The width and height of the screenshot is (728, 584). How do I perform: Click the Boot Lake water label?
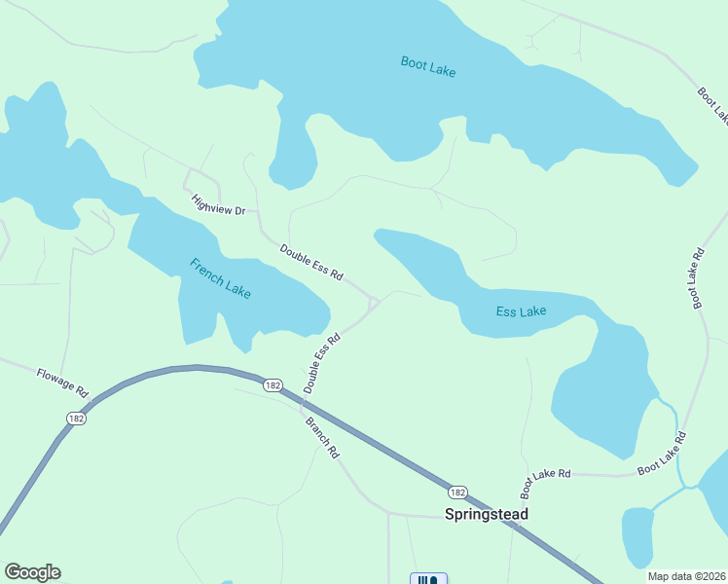pyautogui.click(x=428, y=66)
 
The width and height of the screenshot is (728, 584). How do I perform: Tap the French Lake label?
pyautogui.click(x=220, y=278)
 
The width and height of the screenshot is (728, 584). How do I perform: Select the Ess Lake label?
pyautogui.click(x=521, y=311)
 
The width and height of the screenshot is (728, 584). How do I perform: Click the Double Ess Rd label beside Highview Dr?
pyautogui.click(x=311, y=262)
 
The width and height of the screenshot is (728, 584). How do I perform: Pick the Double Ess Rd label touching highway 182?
pyautogui.click(x=321, y=364)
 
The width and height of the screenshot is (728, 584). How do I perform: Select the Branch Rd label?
pyautogui.click(x=322, y=438)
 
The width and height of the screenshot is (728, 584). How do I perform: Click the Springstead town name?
pyautogui.click(x=486, y=513)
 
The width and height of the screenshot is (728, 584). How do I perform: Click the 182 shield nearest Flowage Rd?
pyautogui.click(x=76, y=418)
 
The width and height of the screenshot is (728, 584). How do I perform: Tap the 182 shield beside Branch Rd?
pyautogui.click(x=273, y=385)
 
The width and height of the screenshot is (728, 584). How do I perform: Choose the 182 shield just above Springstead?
pyautogui.click(x=458, y=492)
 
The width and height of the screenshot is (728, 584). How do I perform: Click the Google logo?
pyautogui.click(x=32, y=572)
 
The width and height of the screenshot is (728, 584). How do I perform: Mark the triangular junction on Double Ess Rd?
pyautogui.click(x=373, y=305)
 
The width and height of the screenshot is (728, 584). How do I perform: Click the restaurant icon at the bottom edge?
pyautogui.click(x=428, y=579)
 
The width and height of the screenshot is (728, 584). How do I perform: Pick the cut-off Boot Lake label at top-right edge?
pyautogui.click(x=712, y=105)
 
